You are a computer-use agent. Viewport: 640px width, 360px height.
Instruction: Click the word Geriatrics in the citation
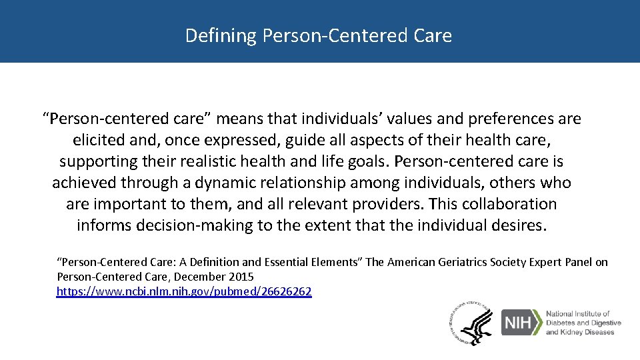pyautogui.click(x=467, y=263)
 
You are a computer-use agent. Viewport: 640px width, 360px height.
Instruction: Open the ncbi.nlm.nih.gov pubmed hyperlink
pyautogui.click(x=184, y=291)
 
